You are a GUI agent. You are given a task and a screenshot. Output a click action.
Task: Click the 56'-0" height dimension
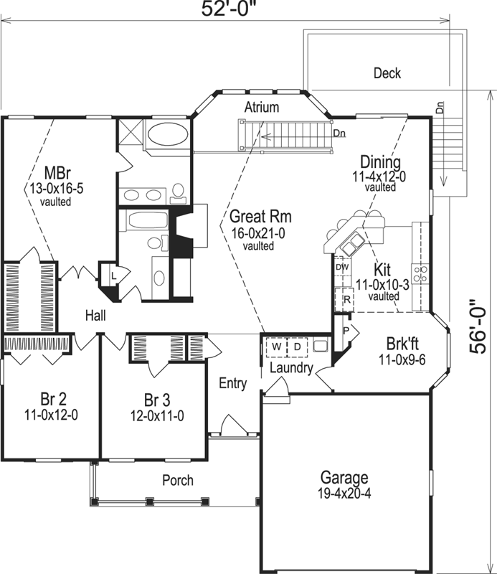(x=479, y=327)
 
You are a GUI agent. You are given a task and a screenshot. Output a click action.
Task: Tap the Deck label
(x=387, y=73)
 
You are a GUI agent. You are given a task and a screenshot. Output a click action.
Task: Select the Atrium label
(x=261, y=108)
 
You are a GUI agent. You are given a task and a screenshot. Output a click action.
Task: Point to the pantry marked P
(x=346, y=331)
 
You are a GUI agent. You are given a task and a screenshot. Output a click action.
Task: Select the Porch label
(x=177, y=480)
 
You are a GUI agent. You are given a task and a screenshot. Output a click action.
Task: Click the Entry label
(x=233, y=384)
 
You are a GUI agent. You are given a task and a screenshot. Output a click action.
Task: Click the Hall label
(x=97, y=315)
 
